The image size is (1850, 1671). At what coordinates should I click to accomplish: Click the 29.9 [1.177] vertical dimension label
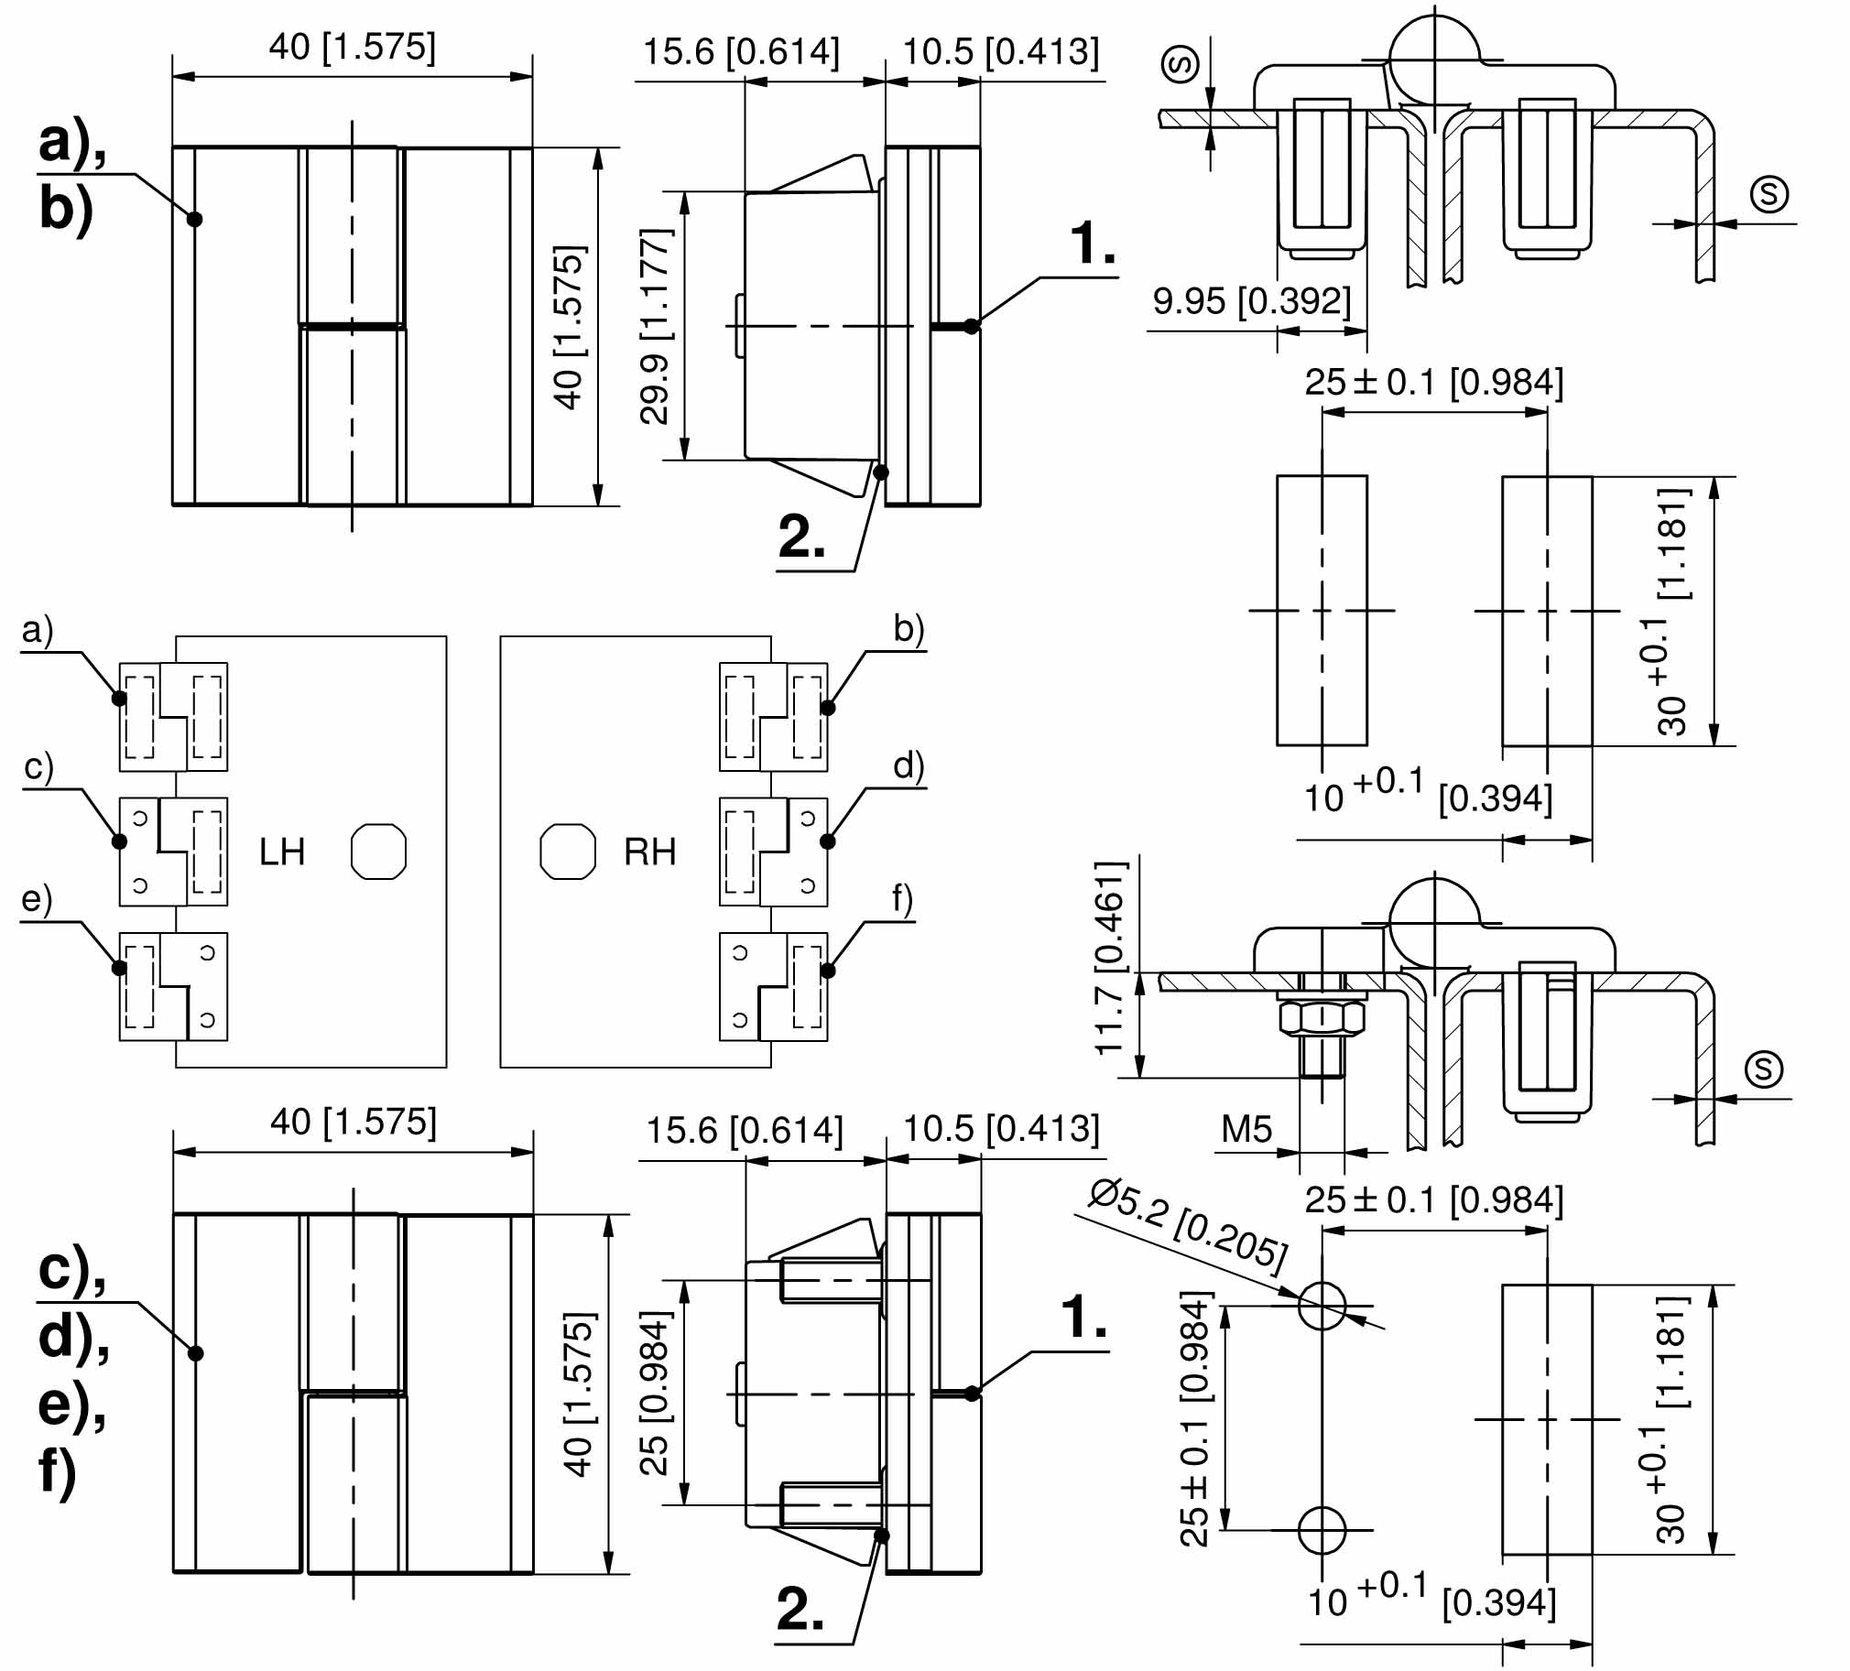(656, 326)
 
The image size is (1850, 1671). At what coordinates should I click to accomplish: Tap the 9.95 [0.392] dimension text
(1252, 301)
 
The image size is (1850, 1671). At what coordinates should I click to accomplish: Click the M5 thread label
(1246, 1129)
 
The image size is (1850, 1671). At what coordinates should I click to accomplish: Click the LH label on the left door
(282, 852)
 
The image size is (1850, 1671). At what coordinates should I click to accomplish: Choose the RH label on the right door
(649, 852)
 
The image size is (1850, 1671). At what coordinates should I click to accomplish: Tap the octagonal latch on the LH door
(379, 852)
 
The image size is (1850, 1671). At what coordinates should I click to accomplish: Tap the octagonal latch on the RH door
(568, 852)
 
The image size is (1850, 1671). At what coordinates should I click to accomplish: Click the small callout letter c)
(38, 765)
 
